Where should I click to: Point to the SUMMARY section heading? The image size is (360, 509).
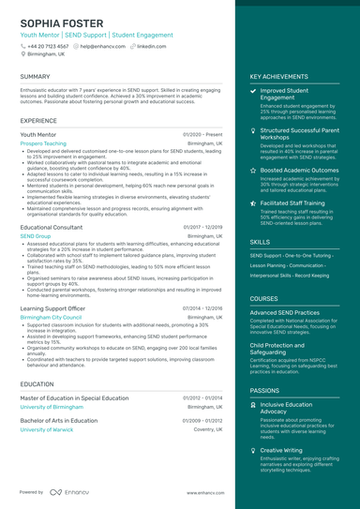(35, 76)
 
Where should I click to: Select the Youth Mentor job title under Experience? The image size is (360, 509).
(38, 134)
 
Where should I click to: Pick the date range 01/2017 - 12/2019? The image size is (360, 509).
(202, 227)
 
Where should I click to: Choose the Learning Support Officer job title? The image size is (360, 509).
(52, 307)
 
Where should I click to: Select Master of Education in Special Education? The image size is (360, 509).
(74, 398)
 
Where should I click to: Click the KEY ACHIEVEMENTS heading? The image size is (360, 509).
(279, 76)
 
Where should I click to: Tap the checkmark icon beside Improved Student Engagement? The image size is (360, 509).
(253, 91)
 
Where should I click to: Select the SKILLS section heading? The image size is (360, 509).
(260, 241)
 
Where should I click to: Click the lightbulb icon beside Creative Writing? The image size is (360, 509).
(253, 450)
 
